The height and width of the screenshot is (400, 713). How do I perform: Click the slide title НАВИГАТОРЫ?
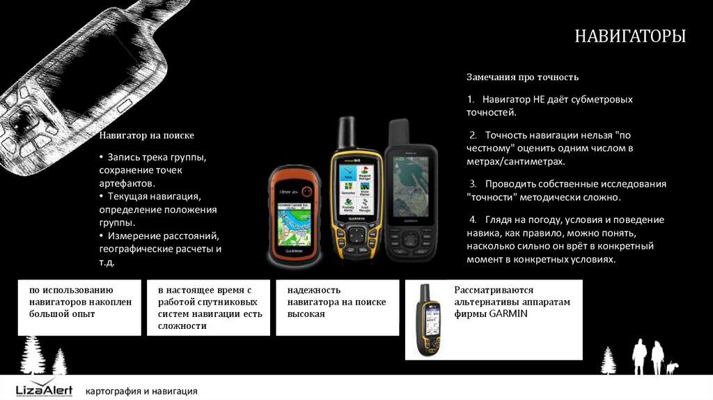point(629,36)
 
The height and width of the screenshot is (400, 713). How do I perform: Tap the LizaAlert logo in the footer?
point(44,388)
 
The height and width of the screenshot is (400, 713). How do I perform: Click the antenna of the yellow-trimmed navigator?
point(347,132)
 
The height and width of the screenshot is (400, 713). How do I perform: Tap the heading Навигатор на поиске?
point(146,135)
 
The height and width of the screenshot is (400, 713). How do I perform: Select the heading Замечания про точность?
point(522,77)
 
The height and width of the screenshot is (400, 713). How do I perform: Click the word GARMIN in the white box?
point(508,314)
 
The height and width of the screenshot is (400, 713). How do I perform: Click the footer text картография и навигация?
point(141,391)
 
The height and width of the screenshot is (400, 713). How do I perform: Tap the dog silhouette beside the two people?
point(672,368)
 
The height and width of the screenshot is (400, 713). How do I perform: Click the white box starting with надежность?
point(338,307)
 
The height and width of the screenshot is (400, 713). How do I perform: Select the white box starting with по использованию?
point(79,307)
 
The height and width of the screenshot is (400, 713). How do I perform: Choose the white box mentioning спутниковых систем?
point(208,307)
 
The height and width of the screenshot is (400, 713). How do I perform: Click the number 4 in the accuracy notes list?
point(473,220)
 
